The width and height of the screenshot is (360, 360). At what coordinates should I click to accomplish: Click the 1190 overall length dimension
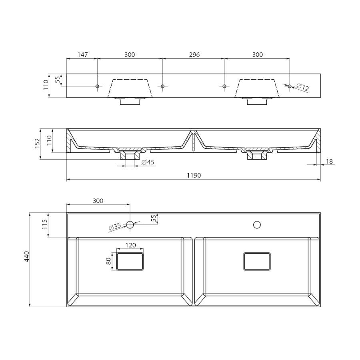[194, 176]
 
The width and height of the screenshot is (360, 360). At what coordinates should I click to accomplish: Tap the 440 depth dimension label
[27, 256]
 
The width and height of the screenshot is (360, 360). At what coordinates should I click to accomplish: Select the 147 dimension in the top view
[82, 55]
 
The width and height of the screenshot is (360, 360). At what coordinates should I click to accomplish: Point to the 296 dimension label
[194, 55]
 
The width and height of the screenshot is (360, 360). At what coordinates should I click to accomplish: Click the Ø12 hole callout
[302, 87]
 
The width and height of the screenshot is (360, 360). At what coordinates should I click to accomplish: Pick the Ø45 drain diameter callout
[148, 162]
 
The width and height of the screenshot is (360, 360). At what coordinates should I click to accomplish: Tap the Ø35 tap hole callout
[115, 227]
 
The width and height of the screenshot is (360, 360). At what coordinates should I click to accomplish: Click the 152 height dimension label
[37, 144]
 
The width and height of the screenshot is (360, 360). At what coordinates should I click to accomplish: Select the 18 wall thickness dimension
[329, 162]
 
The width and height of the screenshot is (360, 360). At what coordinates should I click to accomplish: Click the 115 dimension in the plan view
[44, 224]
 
